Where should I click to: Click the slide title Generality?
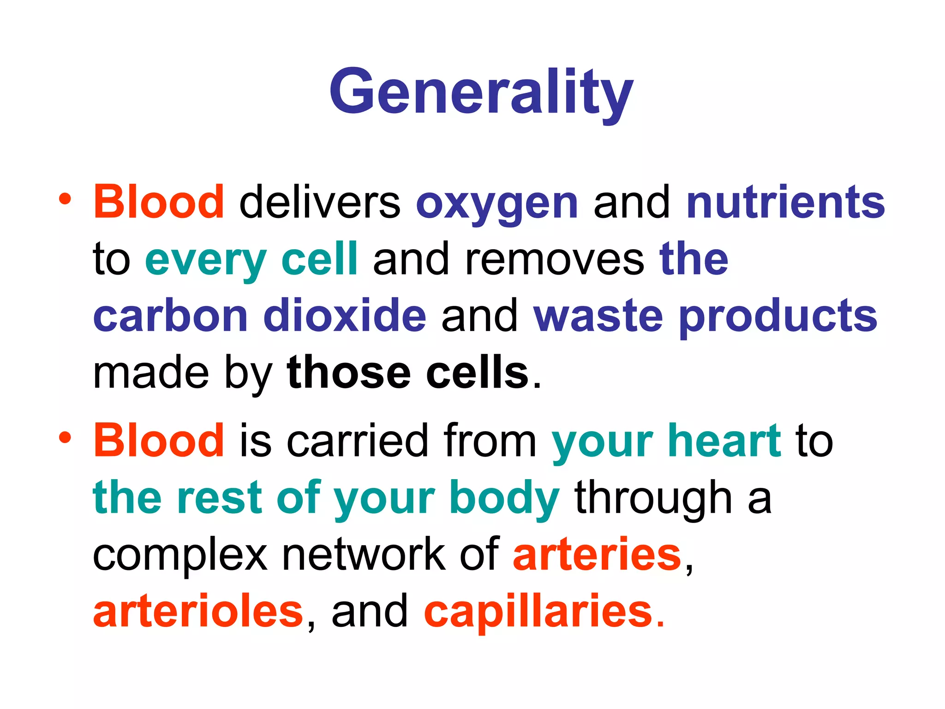481,92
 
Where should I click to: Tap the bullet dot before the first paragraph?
65,199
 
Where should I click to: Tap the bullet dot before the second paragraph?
65,437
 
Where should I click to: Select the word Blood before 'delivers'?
159,202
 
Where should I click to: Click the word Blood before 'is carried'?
159,440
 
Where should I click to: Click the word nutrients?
785,202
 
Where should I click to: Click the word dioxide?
345,316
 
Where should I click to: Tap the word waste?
598,317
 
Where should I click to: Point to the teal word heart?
724,440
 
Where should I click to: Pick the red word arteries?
597,555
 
